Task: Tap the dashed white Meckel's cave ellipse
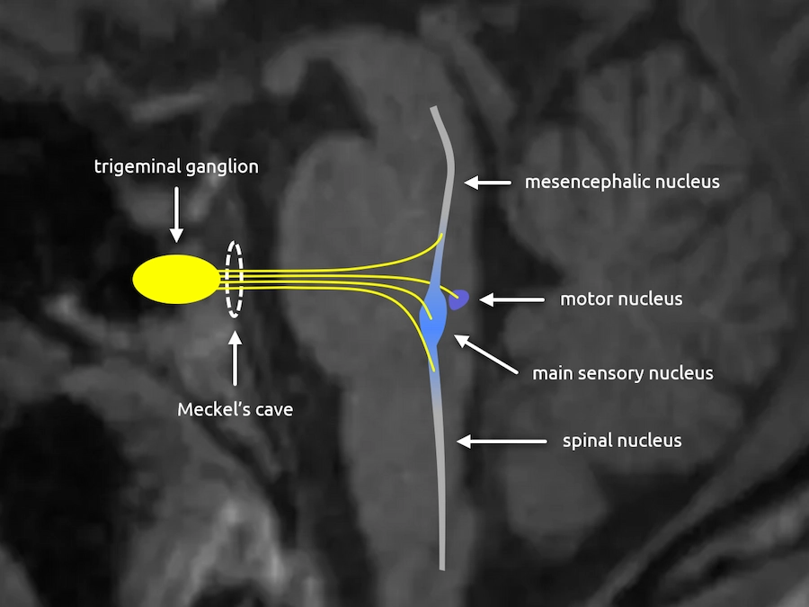coord(234,279)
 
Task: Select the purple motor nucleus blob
coord(460,299)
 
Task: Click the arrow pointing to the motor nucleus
coord(511,299)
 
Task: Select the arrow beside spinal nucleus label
coord(502,441)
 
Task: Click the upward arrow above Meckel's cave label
coord(235,359)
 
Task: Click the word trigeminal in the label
coord(131,166)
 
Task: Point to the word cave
coord(272,410)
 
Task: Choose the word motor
coord(584,299)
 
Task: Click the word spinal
coord(589,441)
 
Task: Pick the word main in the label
coord(551,372)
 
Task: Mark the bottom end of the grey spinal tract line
coord(443,567)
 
